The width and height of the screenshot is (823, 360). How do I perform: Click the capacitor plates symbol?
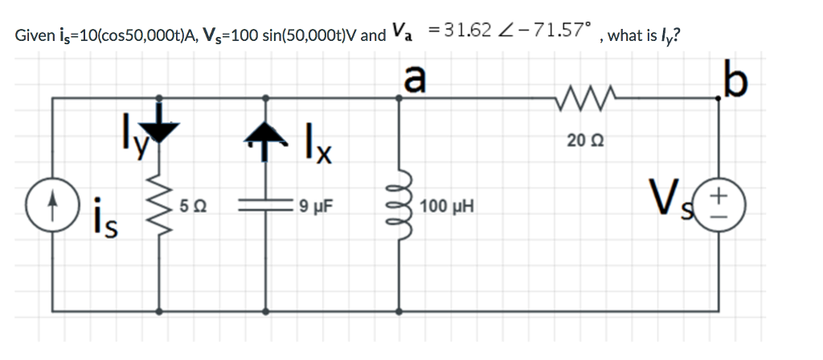266,207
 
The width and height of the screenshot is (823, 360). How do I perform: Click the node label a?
414,79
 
